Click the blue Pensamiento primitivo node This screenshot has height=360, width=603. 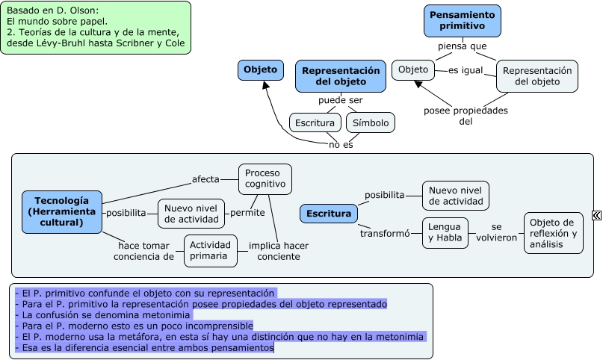coord(462,20)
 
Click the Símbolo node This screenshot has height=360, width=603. coord(371,122)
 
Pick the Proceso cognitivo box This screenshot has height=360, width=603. coord(265,178)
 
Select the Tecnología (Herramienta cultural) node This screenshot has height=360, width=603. coord(61,211)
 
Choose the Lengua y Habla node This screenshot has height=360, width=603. coord(445,233)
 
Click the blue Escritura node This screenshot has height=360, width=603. coord(329,214)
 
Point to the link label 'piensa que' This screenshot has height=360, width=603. coord(462,46)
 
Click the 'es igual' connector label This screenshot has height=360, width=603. coord(466,70)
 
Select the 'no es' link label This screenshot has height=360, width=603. coord(341,144)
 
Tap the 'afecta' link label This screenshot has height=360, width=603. coord(205,179)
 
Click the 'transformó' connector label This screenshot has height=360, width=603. coord(385,233)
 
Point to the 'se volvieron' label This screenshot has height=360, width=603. coord(496,232)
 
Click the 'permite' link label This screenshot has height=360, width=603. coord(247,213)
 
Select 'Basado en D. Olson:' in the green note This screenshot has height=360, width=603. coord(52,11)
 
